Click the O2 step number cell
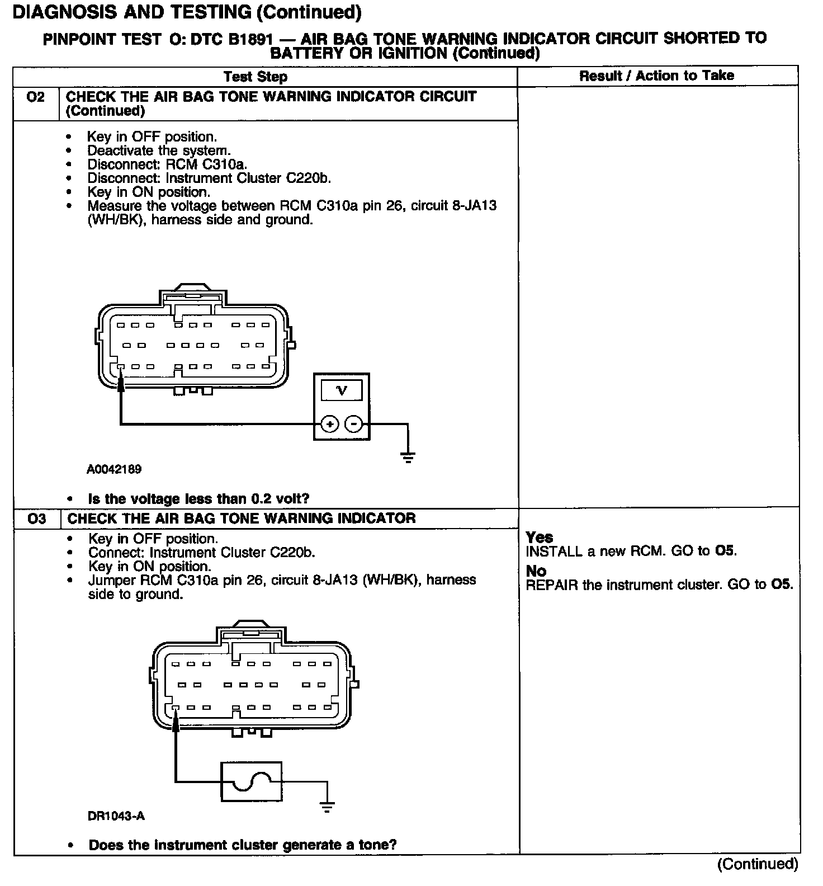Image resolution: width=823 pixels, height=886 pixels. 35,97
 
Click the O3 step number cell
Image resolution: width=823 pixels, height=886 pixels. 36,519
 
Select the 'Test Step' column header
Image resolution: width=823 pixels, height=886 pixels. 256,77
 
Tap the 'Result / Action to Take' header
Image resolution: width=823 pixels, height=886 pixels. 656,76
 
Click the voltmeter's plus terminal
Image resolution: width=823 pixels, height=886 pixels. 330,424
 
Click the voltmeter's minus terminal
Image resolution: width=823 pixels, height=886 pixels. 353,424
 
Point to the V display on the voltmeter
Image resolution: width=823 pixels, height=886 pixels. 342,390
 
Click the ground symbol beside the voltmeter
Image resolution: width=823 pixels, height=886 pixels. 408,457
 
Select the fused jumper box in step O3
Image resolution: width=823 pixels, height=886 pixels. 252,781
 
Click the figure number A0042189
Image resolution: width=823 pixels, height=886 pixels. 113,469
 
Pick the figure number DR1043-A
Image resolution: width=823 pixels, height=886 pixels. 116,816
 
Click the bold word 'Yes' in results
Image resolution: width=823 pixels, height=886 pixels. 540,537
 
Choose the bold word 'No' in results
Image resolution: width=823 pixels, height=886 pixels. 536,571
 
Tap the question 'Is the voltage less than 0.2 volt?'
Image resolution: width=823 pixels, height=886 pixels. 198,498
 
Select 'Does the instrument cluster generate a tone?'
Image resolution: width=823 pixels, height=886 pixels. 243,845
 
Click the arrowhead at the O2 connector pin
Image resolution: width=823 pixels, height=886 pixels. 121,381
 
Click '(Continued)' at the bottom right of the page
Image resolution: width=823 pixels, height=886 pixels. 758,864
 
